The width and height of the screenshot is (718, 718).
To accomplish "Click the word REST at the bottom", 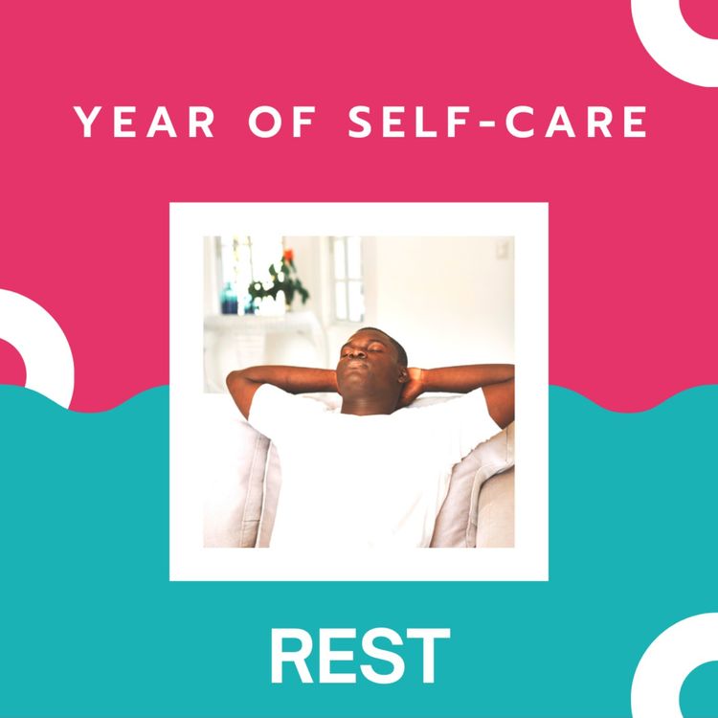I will tap(360, 658).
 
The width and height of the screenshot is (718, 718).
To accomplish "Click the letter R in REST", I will tap(291, 658).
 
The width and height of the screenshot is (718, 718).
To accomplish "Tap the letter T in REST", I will tap(428, 658).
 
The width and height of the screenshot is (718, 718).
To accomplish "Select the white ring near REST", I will tap(675, 665).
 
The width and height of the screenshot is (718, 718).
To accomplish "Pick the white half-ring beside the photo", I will tap(38, 345).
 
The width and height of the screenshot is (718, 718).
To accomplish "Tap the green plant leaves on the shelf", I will tap(281, 283).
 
